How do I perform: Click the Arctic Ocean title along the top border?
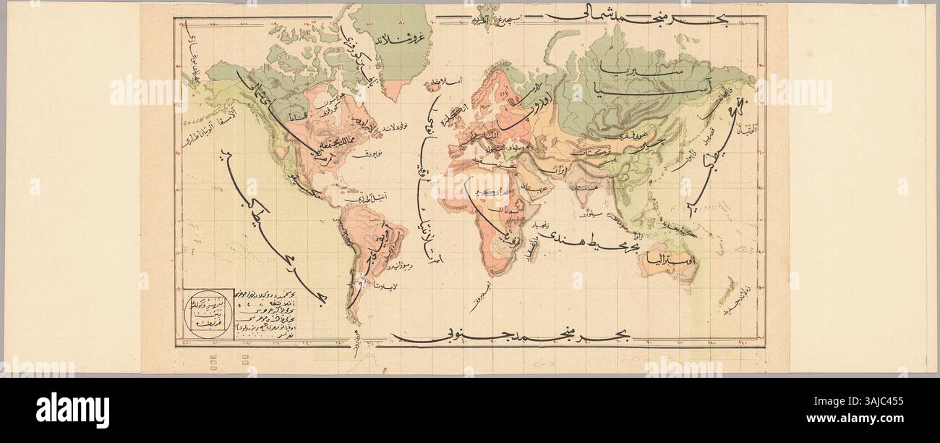pyautogui.click(x=622, y=14)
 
